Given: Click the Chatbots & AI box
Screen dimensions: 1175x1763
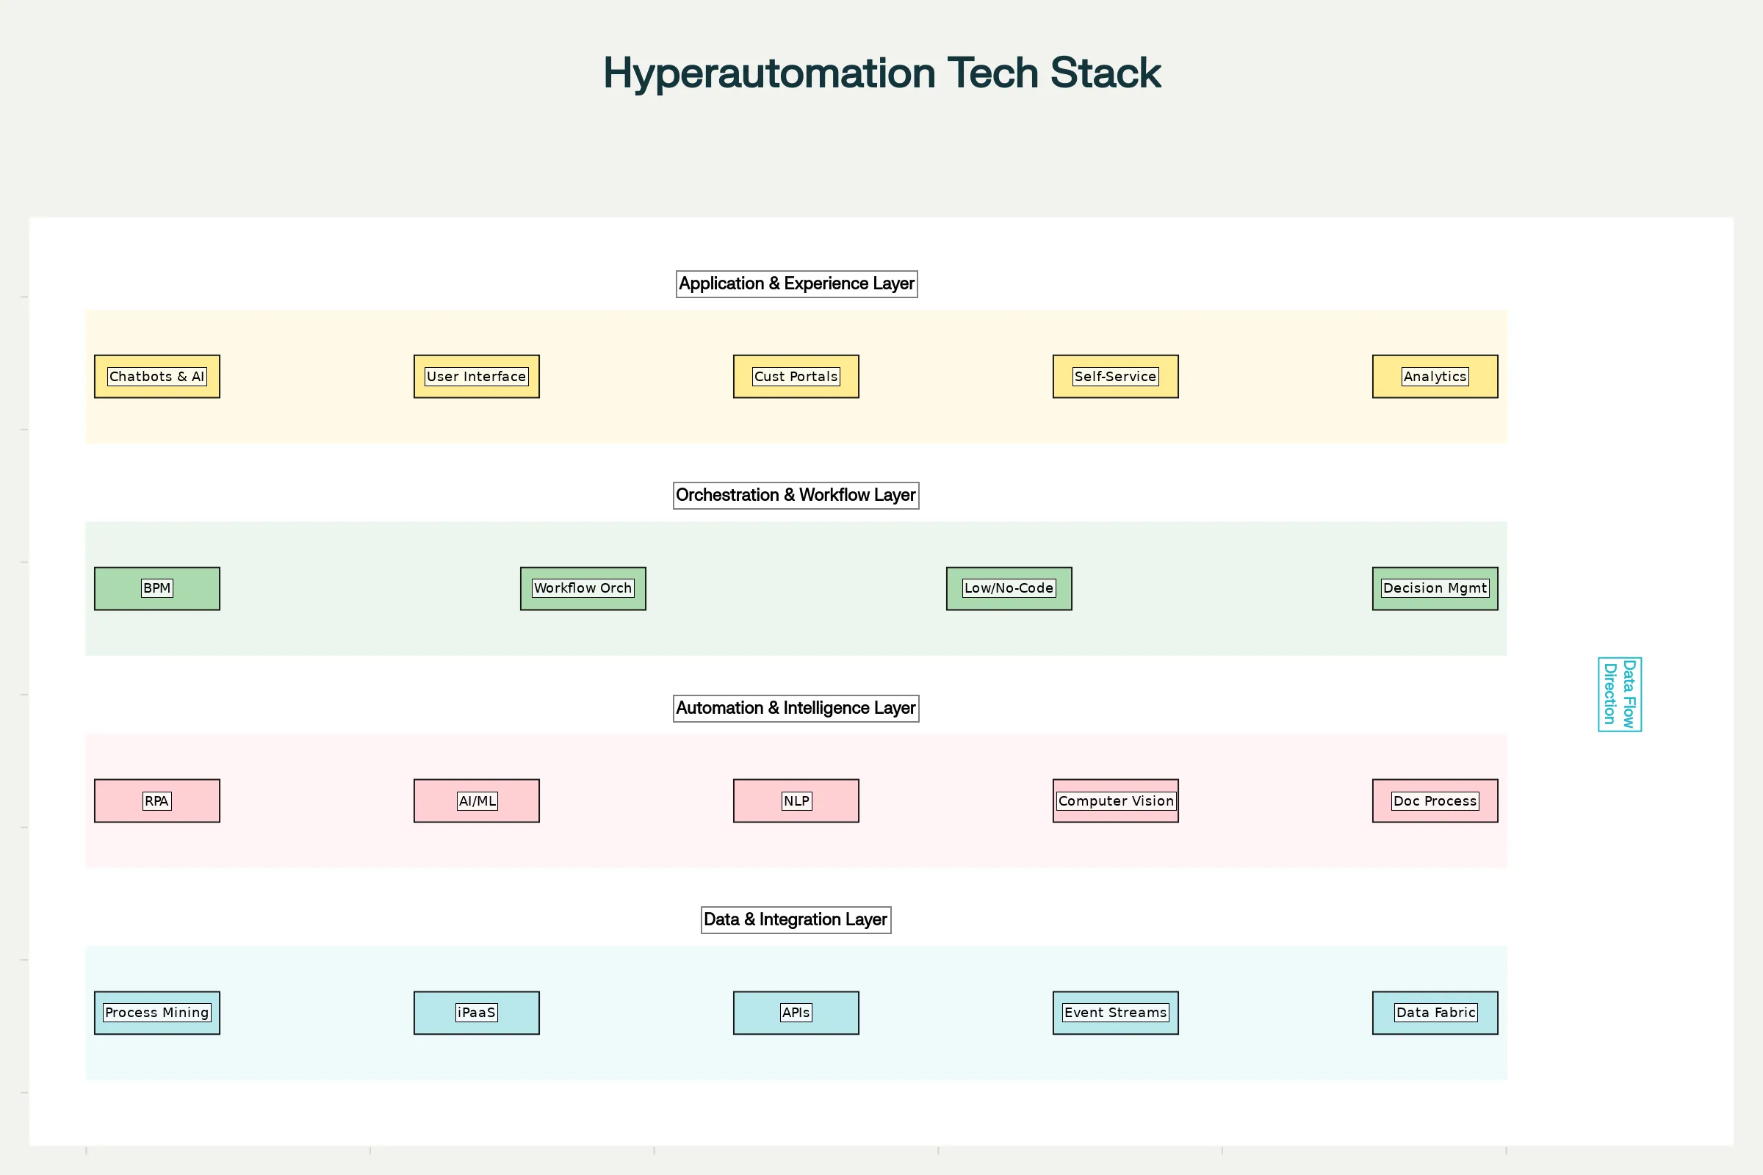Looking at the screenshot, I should pyautogui.click(x=156, y=376).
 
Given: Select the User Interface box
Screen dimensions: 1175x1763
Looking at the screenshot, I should pyautogui.click(x=476, y=376).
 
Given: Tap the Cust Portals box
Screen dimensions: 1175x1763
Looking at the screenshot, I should pyautogui.click(x=796, y=376).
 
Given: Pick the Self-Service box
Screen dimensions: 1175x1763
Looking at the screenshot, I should pyautogui.click(x=1114, y=376).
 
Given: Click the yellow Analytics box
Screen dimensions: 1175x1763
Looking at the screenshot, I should pyautogui.click(x=1434, y=376).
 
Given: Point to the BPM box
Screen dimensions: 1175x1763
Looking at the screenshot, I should pyautogui.click(x=156, y=588).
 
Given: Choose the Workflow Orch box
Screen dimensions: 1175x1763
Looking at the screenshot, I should pyautogui.click(x=583, y=588).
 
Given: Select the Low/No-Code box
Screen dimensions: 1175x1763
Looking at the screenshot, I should pyautogui.click(x=1008, y=588).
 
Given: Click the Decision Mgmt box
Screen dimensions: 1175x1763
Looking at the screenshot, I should pyautogui.click(x=1434, y=588).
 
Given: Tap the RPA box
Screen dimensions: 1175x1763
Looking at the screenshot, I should pyautogui.click(x=156, y=800).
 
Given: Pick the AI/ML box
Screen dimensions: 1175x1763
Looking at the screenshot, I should pyautogui.click(x=476, y=800).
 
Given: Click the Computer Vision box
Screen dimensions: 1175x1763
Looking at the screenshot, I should pyautogui.click(x=1114, y=800).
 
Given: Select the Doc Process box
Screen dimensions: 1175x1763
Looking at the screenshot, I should pyautogui.click(x=1434, y=800).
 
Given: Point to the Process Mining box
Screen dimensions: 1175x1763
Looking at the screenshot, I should pyautogui.click(x=156, y=1013).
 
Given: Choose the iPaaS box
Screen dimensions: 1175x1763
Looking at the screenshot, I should pyautogui.click(x=476, y=1013).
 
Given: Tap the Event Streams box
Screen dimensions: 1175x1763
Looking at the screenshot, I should pyautogui.click(x=1114, y=1013).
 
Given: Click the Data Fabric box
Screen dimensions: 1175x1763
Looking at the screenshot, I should pyautogui.click(x=1434, y=1013).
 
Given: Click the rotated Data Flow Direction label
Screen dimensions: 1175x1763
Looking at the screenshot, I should pyautogui.click(x=1619, y=694).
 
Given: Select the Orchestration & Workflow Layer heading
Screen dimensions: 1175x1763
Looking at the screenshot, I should pyautogui.click(x=796, y=495).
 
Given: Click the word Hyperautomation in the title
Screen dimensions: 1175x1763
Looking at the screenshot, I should pyautogui.click(x=770, y=73).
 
